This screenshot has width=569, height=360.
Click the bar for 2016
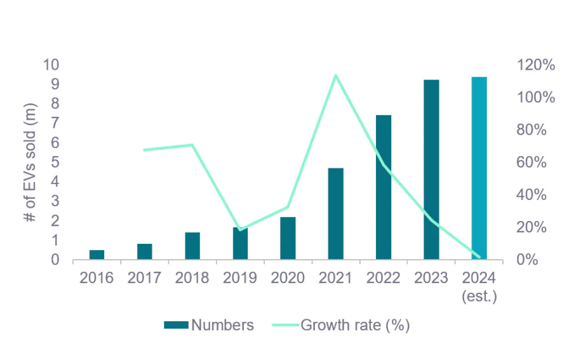(97, 255)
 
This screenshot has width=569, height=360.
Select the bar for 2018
(192, 246)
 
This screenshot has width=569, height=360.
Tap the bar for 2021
(336, 213)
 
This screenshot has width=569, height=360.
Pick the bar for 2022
(384, 187)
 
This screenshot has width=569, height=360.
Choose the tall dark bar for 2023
(431, 170)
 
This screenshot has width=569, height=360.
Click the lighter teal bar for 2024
(479, 168)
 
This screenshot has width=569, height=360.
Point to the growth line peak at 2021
(336, 75)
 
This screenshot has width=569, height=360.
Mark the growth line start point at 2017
(145, 150)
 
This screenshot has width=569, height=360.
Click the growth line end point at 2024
(479, 257)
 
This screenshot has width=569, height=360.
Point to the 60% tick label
(528, 163)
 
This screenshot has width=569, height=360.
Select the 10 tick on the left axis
(51, 65)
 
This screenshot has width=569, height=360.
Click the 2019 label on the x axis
(240, 278)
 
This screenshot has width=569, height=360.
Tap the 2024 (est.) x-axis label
(479, 286)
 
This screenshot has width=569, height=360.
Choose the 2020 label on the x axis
(288, 278)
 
